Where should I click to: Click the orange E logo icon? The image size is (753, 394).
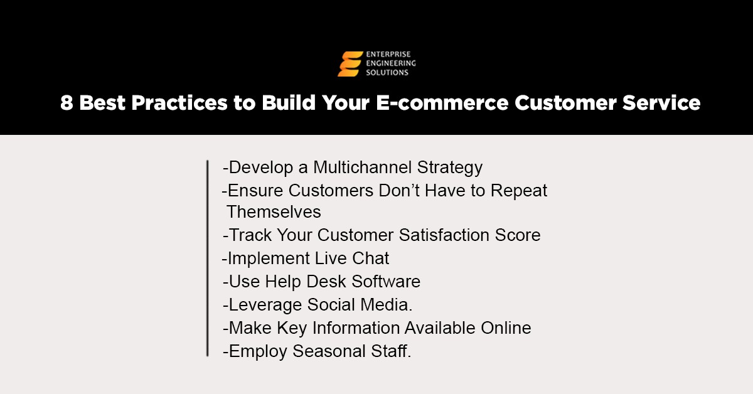[x=350, y=64]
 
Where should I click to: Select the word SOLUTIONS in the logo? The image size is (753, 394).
[x=387, y=73]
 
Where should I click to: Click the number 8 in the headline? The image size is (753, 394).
[x=67, y=103]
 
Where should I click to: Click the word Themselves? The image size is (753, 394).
[x=274, y=211]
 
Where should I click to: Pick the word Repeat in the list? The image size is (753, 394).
[x=520, y=190]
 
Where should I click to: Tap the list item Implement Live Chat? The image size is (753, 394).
[x=306, y=258]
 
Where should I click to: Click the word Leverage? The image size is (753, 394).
[x=265, y=305]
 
